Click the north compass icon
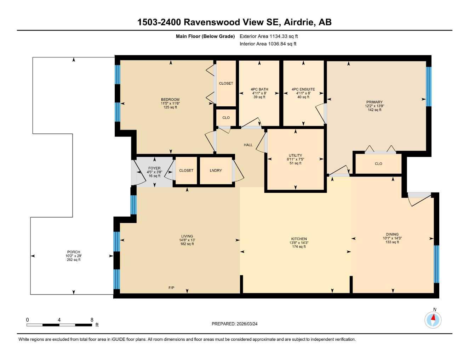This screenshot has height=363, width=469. click(433, 320)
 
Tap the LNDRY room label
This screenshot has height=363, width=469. click(216, 171)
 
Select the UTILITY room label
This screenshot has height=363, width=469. click(295, 155)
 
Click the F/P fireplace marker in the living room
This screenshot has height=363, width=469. click(171, 287)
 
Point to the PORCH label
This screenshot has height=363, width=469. click(74, 252)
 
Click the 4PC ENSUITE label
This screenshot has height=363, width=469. click(303, 89)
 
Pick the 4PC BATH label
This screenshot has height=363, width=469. click(259, 89)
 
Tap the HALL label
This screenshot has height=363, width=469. click(248, 145)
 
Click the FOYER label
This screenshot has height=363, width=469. click(154, 168)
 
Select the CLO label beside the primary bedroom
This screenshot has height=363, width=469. click(378, 164)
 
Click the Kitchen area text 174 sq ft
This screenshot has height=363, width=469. click(299, 247)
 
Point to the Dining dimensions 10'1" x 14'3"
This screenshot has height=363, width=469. click(392, 238)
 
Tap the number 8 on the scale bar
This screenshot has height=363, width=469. click(92, 320)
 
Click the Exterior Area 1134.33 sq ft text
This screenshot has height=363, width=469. click(269, 36)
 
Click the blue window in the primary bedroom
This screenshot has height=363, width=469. click(429, 86)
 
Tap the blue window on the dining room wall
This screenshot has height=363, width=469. click(436, 264)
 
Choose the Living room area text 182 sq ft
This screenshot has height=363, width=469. click(187, 244)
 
